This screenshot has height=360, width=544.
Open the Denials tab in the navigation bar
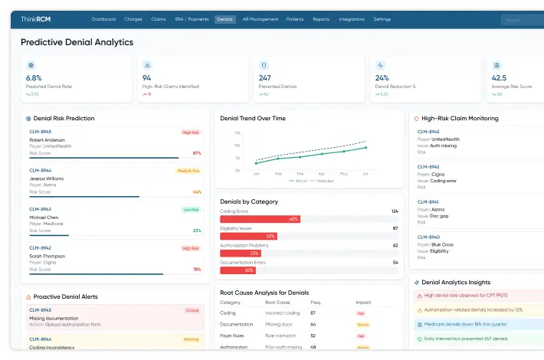pyautogui.click(x=224, y=19)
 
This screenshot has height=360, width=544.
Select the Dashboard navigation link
pyautogui.click(x=103, y=19)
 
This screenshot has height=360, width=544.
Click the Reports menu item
pyautogui.click(x=321, y=19)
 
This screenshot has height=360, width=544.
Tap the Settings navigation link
pyautogui.click(x=382, y=19)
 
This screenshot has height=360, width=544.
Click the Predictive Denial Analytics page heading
pyautogui.click(x=77, y=43)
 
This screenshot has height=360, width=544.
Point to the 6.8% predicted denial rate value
pyautogui.click(x=34, y=78)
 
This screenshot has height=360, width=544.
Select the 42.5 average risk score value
pyautogui.click(x=500, y=78)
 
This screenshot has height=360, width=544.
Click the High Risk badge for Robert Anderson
pyautogui.click(x=191, y=133)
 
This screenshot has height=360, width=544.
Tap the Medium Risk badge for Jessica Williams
pyautogui.click(x=188, y=171)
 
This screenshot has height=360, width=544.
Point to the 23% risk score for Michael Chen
pyautogui.click(x=197, y=231)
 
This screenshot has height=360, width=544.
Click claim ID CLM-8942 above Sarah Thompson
pyautogui.click(x=40, y=248)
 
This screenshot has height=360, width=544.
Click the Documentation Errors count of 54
pyautogui.click(x=395, y=263)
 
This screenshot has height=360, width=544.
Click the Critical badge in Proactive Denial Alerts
pyautogui.click(x=192, y=310)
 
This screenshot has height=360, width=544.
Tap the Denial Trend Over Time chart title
pyautogui.click(x=253, y=119)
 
